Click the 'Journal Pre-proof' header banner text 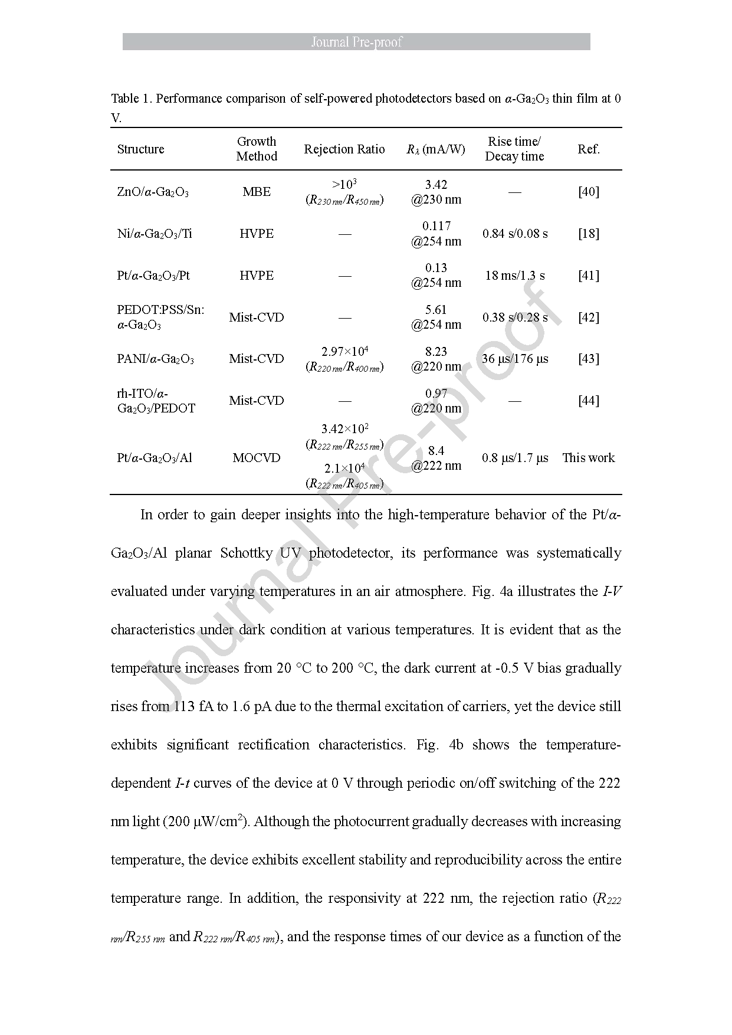click(356, 42)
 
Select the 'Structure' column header click(140, 149)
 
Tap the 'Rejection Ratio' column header click(344, 149)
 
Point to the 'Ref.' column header click(588, 149)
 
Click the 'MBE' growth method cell click(257, 192)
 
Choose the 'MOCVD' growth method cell click(257, 458)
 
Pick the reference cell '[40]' click(588, 192)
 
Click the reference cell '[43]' click(588, 359)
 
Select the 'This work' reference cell click(588, 458)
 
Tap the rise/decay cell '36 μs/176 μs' click(515, 359)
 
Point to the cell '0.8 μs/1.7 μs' click(515, 458)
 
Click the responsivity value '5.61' click(436, 310)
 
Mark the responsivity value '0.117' click(436, 226)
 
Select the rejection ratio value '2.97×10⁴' click(344, 352)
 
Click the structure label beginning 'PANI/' click(155, 359)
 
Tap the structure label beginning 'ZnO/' click(153, 192)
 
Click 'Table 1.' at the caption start click(131, 99)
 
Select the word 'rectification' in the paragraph click(273, 745)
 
